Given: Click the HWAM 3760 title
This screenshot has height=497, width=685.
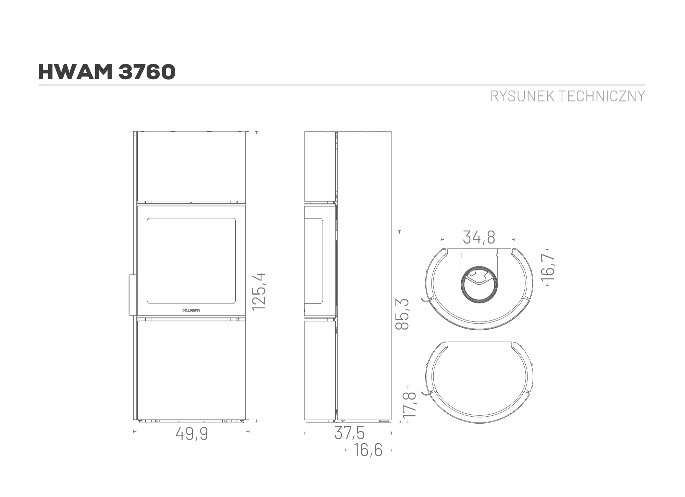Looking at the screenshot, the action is coord(107,72).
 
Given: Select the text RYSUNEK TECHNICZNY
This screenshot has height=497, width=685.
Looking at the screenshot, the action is coord(568,96).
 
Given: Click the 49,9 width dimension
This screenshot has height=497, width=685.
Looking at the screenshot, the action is coord(192,434).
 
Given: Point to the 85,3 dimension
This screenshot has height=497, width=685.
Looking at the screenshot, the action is coord(402,314).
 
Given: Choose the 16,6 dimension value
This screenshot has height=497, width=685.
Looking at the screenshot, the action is coord(368,450).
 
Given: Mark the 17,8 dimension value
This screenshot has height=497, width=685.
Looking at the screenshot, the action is coord(409,405).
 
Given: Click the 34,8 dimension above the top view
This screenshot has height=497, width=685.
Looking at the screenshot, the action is coord(479,237).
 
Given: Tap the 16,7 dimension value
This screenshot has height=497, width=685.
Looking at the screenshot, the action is coord(548,268).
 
